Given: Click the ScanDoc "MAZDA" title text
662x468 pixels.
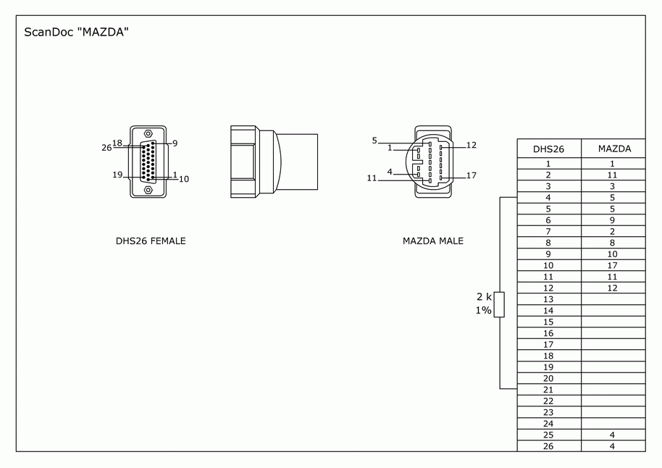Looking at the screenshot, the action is click(x=76, y=32).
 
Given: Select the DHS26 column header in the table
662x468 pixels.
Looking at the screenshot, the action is click(x=548, y=149).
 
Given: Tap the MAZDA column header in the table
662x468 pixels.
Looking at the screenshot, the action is click(x=614, y=149).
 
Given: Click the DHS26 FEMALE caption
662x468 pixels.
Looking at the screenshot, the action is click(x=151, y=241).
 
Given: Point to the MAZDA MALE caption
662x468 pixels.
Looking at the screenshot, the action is click(x=432, y=241).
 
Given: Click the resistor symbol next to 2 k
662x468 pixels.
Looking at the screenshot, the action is click(x=499, y=304).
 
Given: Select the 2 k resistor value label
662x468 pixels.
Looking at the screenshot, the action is click(x=484, y=297).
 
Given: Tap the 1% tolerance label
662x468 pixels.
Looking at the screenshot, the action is click(x=483, y=311).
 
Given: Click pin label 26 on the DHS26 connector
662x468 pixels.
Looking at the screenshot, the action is click(x=106, y=148).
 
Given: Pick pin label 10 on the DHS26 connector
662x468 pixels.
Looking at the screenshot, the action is click(x=184, y=179).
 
